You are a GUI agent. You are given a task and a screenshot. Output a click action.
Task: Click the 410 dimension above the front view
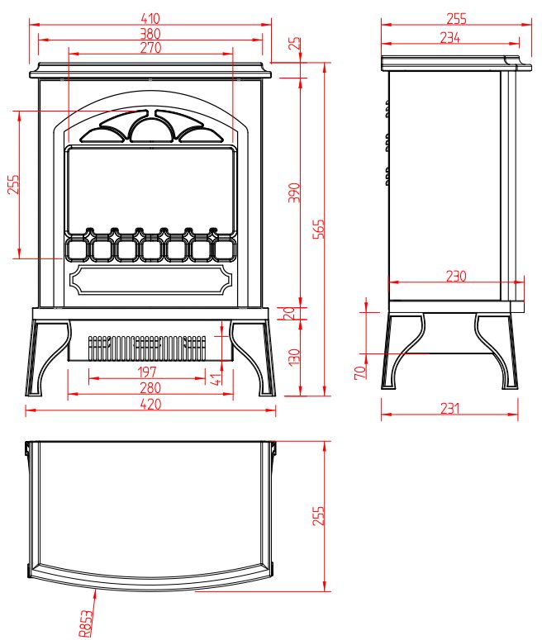coord(150,18)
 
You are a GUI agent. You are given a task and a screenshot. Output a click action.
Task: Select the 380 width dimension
coord(150,34)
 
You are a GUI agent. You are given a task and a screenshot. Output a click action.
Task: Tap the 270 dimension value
coord(150,48)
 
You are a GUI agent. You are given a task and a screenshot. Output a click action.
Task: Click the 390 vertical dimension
coord(294,192)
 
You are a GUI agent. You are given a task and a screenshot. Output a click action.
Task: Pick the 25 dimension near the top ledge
coord(294,43)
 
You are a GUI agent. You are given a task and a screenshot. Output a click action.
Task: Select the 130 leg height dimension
coord(294,357)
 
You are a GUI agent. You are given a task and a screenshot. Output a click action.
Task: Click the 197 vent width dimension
coord(147,372)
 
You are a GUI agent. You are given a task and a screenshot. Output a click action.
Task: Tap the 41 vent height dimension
coord(216,378)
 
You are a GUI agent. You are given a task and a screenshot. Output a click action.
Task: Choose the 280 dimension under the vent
coord(150,388)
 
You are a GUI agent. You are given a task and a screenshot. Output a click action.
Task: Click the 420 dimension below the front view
coord(150,404)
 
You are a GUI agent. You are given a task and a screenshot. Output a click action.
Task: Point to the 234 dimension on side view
coord(450,37)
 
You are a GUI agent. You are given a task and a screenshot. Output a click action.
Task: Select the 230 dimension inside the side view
coord(456,277)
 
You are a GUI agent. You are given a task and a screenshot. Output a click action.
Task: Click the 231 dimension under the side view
coord(449,409)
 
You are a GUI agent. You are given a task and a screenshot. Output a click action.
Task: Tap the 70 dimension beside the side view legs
coord(360,372)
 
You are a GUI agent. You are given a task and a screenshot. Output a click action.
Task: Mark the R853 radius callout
coord(86,623)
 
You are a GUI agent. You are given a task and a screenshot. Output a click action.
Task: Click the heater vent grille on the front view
coord(147,348)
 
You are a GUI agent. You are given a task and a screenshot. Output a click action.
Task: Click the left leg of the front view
coord(48,358)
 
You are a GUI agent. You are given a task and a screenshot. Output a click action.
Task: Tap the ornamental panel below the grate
coord(150,280)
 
